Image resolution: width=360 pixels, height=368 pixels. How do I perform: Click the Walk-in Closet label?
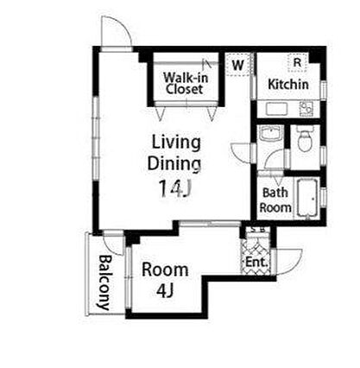[186, 83]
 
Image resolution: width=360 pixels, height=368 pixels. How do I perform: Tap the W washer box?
[237, 65]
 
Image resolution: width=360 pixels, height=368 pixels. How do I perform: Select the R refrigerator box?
[297, 62]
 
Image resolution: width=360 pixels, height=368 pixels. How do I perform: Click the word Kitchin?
[288, 84]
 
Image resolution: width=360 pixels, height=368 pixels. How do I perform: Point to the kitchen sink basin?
[276, 109]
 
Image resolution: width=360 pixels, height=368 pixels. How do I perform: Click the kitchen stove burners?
[306, 109]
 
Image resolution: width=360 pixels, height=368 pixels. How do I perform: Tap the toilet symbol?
[305, 138]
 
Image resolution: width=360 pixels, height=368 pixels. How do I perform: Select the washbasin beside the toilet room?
[270, 134]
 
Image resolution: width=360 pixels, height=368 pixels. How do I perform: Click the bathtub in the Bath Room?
[307, 198]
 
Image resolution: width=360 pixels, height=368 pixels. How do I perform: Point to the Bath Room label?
[275, 200]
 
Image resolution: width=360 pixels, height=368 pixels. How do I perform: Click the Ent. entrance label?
[256, 263]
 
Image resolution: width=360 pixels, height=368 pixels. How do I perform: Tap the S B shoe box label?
[257, 230]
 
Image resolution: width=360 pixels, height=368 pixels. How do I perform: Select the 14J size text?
[174, 187]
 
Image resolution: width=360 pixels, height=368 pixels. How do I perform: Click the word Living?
[176, 143]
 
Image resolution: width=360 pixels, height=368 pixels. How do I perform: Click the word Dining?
[174, 163]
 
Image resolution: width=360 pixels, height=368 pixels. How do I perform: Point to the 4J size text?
[165, 290]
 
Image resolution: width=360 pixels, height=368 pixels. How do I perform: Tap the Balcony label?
[104, 282]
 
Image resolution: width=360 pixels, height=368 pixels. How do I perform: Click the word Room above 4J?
[165, 270]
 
